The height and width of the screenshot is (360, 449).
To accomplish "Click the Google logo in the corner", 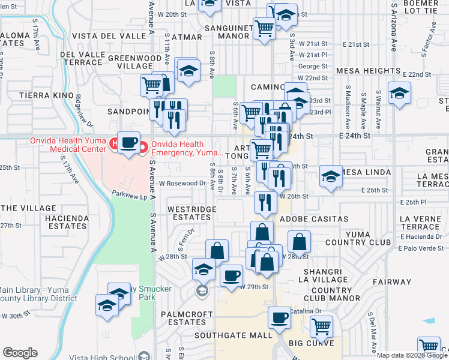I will pos(20,353).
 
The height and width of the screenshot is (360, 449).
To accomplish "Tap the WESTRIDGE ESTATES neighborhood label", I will pos(188,213).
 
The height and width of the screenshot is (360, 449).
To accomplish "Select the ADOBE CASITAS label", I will pos(306,219).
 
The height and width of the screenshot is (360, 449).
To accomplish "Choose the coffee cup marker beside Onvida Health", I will pos(129,143).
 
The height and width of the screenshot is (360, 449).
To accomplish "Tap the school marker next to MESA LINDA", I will pos(330,176).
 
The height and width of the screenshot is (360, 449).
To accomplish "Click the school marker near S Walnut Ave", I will pos(399,94).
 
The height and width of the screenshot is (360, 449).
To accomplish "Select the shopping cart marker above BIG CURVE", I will pos(322,327).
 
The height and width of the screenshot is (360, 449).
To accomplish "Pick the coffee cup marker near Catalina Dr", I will pos(279,318).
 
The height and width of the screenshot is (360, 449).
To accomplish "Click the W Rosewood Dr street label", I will pos(182,184).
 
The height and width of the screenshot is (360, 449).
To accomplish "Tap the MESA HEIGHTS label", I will pos(368,71).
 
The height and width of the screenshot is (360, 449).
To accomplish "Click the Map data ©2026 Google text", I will pos(412,355).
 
